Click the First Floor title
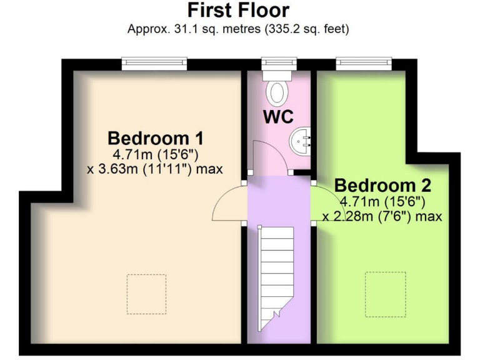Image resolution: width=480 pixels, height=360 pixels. (238, 11)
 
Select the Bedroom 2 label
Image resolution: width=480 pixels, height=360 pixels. (382, 186)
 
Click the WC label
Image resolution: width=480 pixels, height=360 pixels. (277, 117)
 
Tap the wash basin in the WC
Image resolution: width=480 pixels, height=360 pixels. (301, 139)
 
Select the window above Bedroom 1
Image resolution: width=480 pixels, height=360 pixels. (154, 62)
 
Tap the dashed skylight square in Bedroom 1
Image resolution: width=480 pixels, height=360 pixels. (146, 294)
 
